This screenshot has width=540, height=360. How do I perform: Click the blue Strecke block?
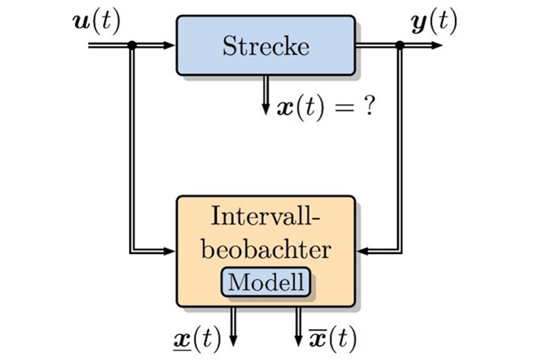[266, 45]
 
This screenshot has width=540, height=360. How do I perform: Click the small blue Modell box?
[266, 282]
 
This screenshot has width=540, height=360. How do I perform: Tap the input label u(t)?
[97, 22]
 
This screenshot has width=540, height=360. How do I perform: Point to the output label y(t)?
[434, 22]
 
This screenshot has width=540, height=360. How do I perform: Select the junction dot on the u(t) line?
[132, 45]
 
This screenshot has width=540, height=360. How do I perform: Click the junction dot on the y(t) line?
[400, 45]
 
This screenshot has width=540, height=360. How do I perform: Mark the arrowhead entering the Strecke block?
[169, 45]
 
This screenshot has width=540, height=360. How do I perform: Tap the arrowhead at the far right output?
[436, 45]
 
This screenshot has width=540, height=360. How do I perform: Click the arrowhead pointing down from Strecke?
[265, 108]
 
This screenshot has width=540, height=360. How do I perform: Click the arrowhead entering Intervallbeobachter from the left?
[169, 251]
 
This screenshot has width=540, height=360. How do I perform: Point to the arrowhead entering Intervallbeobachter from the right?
[362, 251]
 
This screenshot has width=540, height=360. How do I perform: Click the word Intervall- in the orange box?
[265, 216]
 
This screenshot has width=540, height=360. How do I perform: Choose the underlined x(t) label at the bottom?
[197, 339]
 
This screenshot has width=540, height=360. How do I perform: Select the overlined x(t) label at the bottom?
[332, 339]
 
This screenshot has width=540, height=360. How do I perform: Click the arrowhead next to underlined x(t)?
[233, 340]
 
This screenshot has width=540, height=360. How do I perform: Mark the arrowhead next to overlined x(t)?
[298, 340]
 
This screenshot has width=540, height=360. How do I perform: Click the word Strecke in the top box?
[266, 46]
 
